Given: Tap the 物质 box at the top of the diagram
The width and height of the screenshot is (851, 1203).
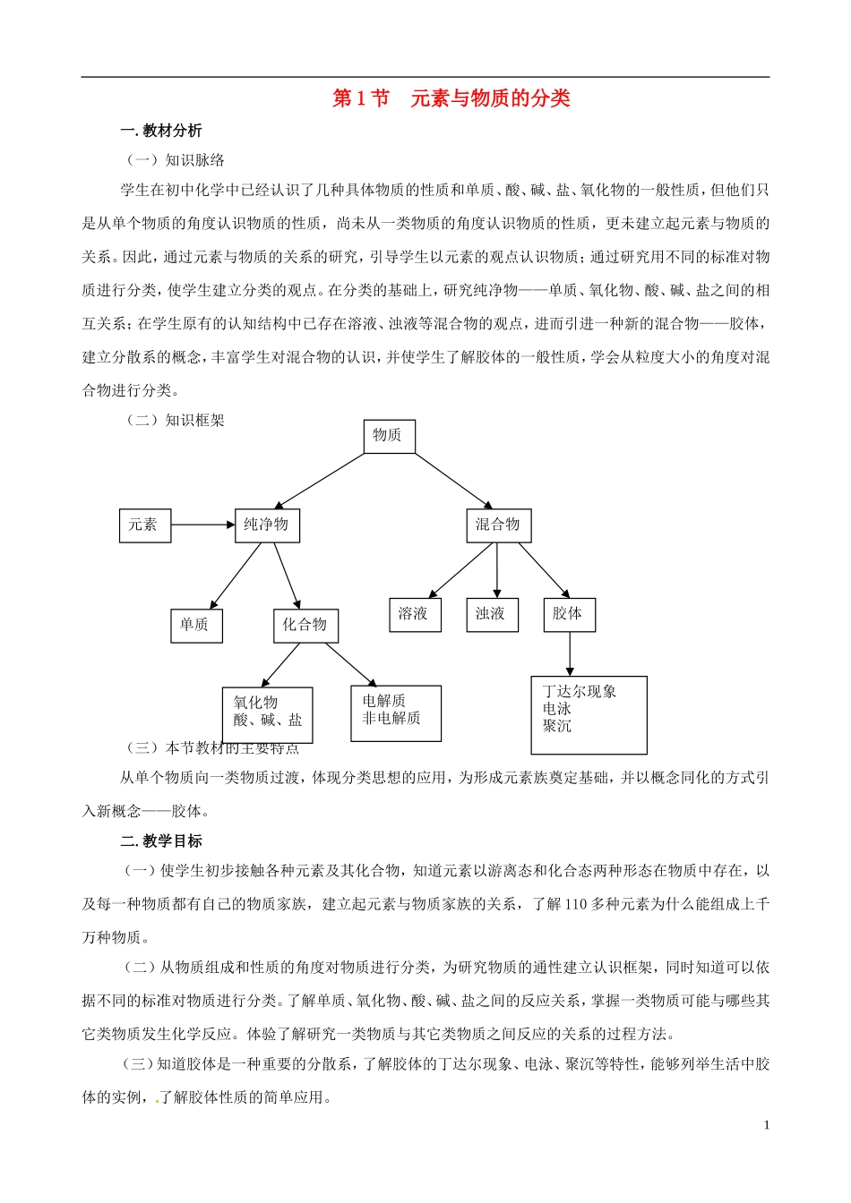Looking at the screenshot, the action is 388,436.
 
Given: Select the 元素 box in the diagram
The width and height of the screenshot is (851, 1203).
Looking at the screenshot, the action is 144,525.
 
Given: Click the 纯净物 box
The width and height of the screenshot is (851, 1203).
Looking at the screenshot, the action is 267,525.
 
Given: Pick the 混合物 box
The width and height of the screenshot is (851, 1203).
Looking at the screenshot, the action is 498,525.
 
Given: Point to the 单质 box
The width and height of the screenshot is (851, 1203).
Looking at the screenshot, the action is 195,626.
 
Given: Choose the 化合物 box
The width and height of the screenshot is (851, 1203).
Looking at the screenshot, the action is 305,626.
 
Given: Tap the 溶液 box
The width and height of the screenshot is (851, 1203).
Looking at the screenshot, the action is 414,615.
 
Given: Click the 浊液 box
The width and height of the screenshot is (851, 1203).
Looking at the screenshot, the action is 491,615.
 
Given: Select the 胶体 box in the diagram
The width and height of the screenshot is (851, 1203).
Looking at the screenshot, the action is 568,615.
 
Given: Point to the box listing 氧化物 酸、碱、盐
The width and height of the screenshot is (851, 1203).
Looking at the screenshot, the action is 267,714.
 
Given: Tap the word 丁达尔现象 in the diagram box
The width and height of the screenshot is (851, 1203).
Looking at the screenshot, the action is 580,692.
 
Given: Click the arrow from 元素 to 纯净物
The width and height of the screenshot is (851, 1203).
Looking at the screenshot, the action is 202,525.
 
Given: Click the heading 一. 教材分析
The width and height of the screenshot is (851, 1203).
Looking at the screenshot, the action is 161,132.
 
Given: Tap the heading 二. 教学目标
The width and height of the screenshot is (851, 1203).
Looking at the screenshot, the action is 161,841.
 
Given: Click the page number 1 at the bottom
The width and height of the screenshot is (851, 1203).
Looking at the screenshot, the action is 767,1125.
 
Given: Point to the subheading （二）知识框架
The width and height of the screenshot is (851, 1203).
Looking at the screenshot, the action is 176,421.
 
